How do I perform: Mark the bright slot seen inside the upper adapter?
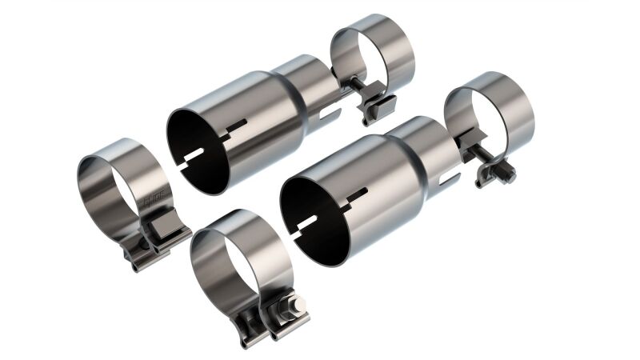pyautogui.click(x=198, y=153)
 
